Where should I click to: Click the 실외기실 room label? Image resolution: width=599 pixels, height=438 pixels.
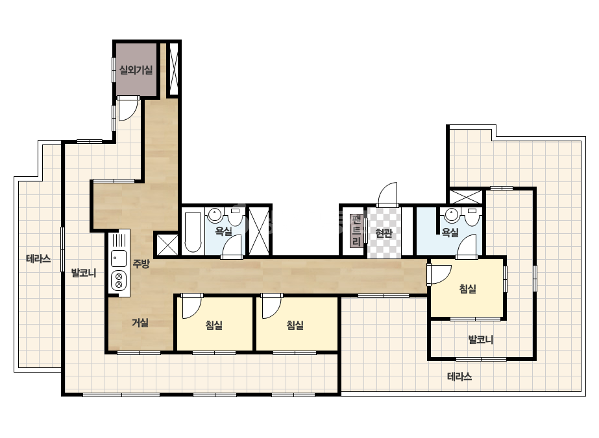click(136, 70)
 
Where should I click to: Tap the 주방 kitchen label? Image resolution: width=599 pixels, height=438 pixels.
click(141, 263)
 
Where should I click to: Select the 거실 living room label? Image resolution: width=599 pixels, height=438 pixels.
click(140, 323)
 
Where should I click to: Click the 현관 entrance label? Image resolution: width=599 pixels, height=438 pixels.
click(384, 233)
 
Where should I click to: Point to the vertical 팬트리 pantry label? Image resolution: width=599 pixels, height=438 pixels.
click(356, 231)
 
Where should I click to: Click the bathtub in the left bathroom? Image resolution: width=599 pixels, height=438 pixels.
click(193, 233)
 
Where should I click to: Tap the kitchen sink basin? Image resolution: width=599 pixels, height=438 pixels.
click(119, 259)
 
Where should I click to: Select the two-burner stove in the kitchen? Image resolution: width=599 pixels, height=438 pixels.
click(119, 280)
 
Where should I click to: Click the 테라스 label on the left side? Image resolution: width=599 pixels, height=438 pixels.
click(38, 259)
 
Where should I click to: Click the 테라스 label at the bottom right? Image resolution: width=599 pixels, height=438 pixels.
click(459, 376)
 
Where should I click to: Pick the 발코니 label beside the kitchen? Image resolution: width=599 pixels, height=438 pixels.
click(84, 273)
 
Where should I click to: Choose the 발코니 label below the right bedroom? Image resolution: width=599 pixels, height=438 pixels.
click(481, 339)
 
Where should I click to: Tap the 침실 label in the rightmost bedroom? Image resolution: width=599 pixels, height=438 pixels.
click(468, 288)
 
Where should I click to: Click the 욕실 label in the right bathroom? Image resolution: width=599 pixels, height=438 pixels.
click(450, 233)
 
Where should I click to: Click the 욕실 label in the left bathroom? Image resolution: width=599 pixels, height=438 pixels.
click(224, 231)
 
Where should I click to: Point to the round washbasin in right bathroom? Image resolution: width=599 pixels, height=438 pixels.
click(452, 215)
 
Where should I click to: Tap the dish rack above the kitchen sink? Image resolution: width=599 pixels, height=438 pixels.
click(119, 240)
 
